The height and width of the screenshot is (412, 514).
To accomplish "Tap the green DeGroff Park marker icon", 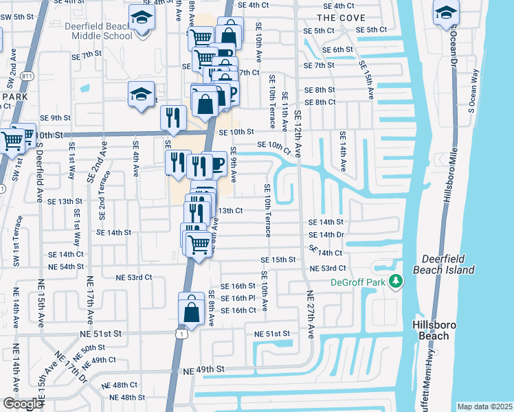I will [396, 282].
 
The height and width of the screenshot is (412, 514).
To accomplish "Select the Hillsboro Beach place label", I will [432, 330].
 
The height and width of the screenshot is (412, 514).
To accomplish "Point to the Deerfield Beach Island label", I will [443, 264].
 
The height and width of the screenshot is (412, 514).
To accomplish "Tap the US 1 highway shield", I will [180, 333].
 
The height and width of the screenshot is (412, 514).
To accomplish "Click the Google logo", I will [23, 404].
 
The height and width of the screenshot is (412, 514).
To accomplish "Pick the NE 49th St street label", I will [204, 369].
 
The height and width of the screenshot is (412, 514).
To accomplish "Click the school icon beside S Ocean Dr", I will [446, 12].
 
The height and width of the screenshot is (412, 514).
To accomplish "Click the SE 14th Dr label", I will [326, 234].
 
